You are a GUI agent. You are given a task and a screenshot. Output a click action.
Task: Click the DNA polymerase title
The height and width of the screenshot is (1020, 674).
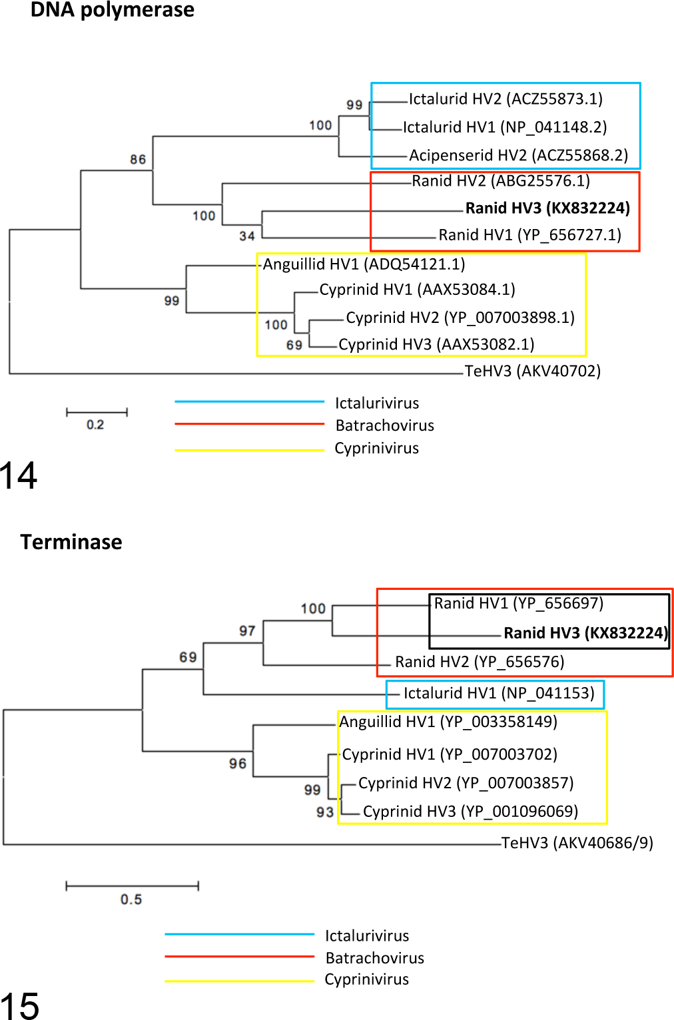(x=113, y=10)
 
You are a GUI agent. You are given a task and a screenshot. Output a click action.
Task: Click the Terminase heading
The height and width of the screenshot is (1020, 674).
(x=71, y=543)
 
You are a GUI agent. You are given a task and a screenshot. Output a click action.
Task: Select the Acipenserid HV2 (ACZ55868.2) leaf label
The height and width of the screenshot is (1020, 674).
(x=519, y=155)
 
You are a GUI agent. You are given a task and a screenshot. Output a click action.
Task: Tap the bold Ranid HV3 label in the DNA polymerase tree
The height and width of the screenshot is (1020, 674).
(x=548, y=208)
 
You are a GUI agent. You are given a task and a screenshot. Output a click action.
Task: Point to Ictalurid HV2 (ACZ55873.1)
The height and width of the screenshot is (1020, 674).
(x=506, y=99)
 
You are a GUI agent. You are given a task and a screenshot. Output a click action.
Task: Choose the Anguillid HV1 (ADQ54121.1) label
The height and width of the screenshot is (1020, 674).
(x=364, y=264)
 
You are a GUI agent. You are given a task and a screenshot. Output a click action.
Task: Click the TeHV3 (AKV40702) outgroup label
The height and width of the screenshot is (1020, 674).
(x=533, y=371)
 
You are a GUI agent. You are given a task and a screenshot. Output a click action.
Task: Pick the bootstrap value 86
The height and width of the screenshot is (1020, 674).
(x=138, y=159)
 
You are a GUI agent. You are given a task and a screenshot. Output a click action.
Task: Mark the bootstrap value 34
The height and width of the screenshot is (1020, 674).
(x=247, y=236)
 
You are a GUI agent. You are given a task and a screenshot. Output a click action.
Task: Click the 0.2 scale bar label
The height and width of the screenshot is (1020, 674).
(x=95, y=425)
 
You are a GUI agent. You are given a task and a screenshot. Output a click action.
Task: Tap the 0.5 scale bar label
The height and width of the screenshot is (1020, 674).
(x=131, y=899)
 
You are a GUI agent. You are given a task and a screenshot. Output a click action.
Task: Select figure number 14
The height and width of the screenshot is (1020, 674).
(x=18, y=475)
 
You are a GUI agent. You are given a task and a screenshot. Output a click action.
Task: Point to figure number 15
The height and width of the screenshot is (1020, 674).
(x=19, y=1006)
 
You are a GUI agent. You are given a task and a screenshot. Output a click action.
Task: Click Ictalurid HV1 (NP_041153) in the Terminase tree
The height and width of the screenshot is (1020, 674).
(x=499, y=693)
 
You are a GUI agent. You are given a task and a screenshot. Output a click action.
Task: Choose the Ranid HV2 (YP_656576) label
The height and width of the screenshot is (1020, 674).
(x=480, y=662)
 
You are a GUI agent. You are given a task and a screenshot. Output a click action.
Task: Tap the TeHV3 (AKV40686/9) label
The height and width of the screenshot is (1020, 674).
(x=577, y=843)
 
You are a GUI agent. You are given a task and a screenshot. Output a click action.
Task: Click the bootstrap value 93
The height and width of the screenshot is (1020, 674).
(x=325, y=812)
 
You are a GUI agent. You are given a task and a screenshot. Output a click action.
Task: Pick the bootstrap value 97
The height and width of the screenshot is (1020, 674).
(x=247, y=631)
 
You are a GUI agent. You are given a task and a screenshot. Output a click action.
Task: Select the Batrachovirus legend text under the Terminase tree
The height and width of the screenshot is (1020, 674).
(x=375, y=958)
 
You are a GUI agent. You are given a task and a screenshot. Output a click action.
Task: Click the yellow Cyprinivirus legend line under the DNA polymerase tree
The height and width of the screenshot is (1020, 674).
(x=250, y=450)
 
